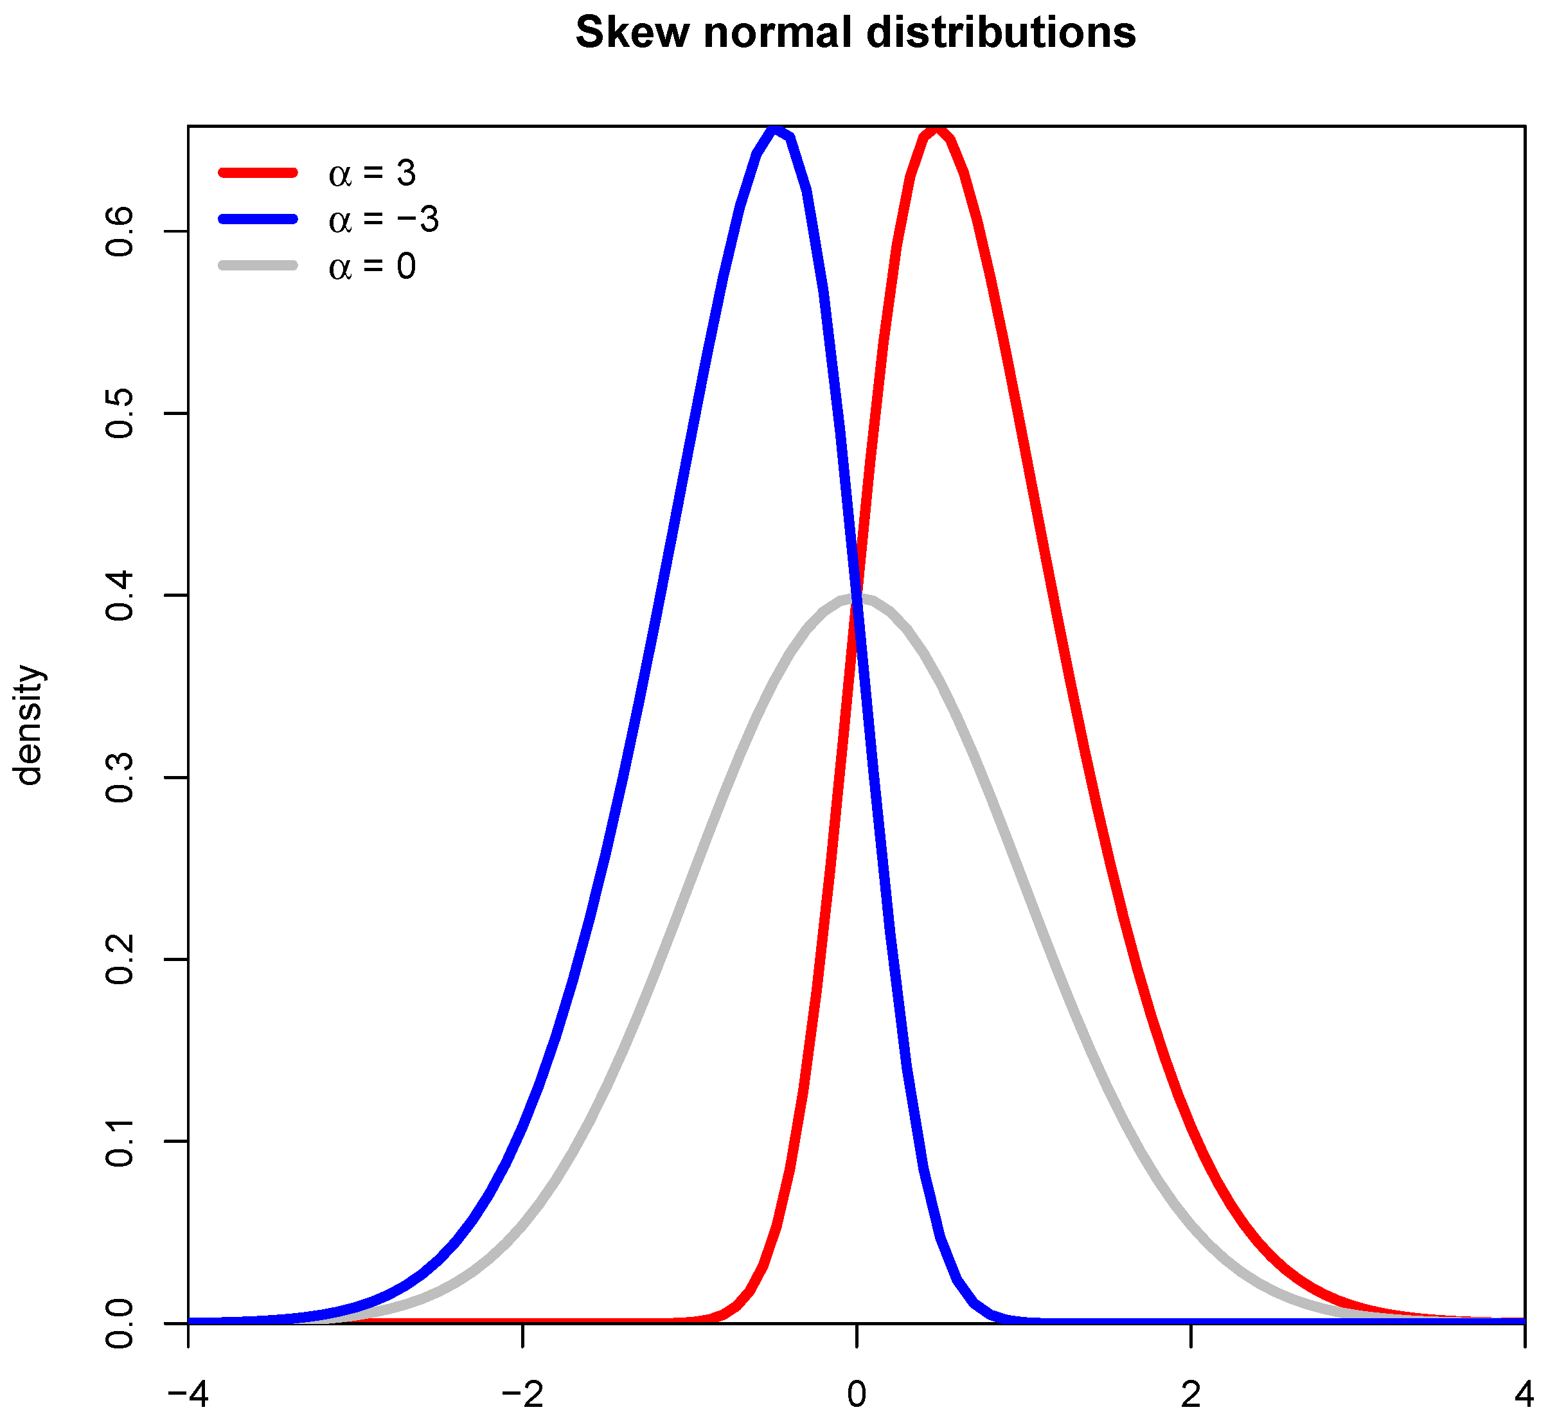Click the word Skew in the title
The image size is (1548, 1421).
(x=632, y=33)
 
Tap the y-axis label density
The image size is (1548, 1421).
(x=29, y=725)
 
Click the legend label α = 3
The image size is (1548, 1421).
(x=372, y=174)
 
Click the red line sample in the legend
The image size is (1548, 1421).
(x=258, y=173)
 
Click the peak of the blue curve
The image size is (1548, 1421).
(x=777, y=130)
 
